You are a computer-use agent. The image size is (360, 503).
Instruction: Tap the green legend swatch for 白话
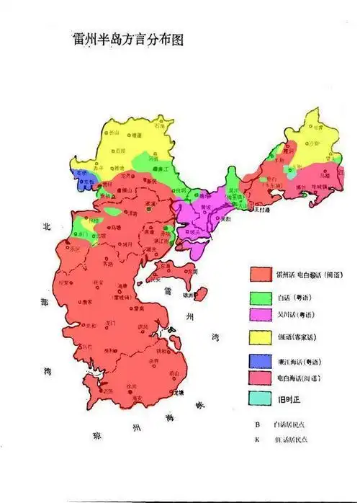point(261,295)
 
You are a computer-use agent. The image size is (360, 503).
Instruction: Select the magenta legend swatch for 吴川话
point(261,315)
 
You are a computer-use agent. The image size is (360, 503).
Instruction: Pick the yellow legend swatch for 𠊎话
point(261,337)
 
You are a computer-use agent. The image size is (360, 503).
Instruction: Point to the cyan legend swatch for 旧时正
point(261,399)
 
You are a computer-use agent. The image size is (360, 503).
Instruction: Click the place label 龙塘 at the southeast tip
point(179,392)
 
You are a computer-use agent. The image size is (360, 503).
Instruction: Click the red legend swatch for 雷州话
point(261,275)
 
